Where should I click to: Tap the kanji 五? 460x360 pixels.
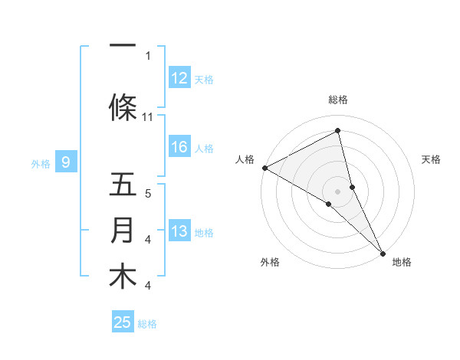pos(123,186)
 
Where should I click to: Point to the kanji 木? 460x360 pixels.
pos(123,277)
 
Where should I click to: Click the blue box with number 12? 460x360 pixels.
pos(179,78)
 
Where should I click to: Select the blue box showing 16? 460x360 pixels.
pos(179,147)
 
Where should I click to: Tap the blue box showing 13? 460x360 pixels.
pos(179,231)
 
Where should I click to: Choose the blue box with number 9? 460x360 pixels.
pos(66,162)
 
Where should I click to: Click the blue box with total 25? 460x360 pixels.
pos(123,322)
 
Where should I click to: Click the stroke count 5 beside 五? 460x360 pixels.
pos(148,193)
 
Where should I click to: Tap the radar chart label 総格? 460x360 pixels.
pos(338,100)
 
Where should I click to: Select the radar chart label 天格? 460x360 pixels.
pos(432,159)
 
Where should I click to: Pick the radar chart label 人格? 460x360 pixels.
pos(245,159)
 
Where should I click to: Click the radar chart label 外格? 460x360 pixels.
pos(270,262)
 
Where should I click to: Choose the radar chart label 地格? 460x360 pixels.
pos(402,262)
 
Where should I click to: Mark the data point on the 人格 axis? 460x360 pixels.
pos(264,168)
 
